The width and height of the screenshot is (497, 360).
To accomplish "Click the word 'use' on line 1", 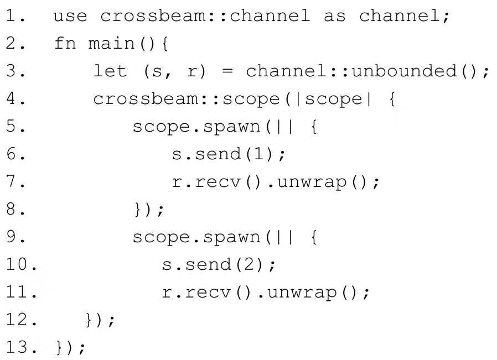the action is (x=70, y=16).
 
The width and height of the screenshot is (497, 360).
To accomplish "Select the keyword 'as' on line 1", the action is (x=335, y=16).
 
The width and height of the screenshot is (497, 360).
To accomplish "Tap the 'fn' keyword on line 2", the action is (x=65, y=43).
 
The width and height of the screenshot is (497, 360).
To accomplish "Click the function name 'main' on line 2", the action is (x=111, y=43).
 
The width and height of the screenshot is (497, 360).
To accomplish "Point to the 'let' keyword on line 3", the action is (x=110, y=70).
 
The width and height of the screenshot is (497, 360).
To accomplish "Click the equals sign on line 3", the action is (x=227, y=71).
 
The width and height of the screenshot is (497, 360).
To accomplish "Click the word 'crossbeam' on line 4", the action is (x=146, y=98).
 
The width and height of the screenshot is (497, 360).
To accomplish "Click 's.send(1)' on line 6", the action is (x=223, y=154).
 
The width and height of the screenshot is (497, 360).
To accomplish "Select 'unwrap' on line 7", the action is (x=312, y=182).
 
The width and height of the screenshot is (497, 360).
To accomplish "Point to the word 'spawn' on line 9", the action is (x=232, y=237).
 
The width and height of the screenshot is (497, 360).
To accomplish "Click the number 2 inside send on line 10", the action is (x=249, y=264).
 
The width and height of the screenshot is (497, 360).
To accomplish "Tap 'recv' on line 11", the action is (x=208, y=292).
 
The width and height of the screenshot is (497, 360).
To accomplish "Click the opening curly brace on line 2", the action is (x=164, y=43).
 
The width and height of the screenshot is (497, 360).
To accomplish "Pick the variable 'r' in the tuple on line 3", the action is (x=192, y=71).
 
